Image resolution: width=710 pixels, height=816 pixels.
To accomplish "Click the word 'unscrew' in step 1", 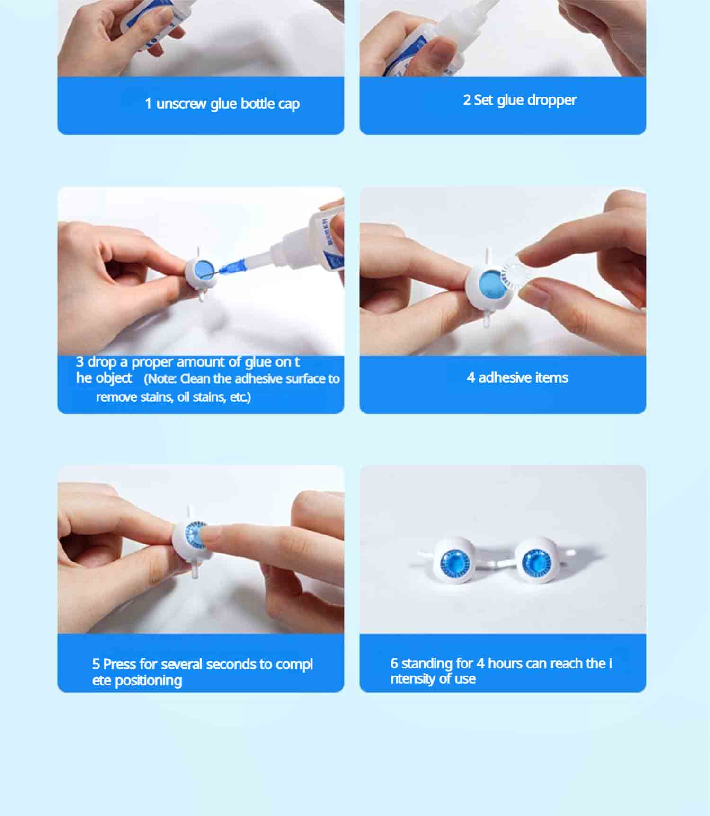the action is click(181, 104).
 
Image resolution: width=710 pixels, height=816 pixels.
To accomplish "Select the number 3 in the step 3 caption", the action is click(80, 362).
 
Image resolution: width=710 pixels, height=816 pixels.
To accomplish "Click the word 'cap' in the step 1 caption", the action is click(289, 104).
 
